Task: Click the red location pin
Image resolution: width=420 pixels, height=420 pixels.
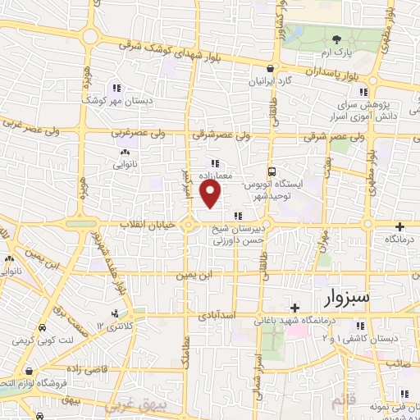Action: click(x=212, y=195)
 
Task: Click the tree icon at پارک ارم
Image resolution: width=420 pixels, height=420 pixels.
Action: click(x=336, y=39)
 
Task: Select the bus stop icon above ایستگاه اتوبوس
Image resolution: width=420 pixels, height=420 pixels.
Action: click(x=272, y=173)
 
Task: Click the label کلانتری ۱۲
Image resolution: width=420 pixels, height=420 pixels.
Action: click(x=114, y=326)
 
